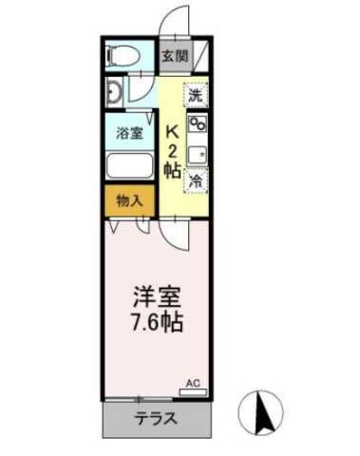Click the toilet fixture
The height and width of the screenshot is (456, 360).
123,57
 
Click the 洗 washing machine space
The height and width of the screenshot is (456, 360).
196,94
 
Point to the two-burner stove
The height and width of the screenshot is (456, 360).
199,124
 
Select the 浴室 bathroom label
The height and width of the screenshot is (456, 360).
130,132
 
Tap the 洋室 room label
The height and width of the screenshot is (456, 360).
158,294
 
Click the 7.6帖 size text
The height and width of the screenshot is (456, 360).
158,319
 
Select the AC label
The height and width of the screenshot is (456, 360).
192,382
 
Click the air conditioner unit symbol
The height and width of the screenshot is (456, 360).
193,391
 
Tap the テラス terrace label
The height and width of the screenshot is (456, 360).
157,418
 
